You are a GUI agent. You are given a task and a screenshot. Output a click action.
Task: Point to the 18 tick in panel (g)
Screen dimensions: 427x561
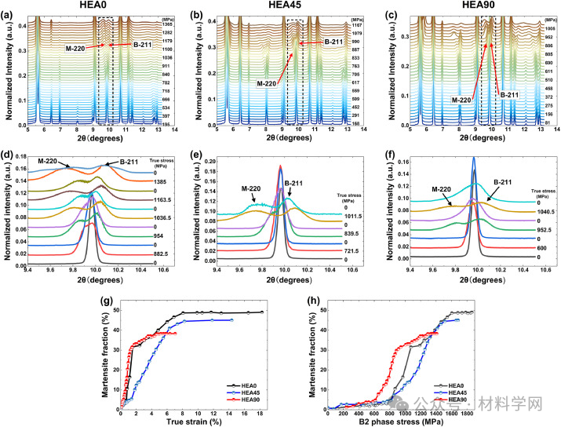[x=261, y=411]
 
